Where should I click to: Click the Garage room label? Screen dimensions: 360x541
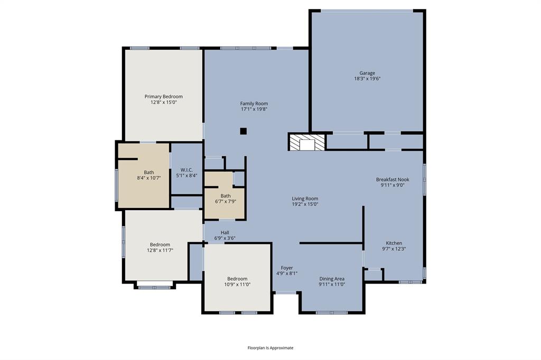[x=367, y=73]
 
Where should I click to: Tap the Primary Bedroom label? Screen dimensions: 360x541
[x=164, y=97]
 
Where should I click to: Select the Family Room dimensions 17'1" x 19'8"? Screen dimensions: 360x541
[x=254, y=109]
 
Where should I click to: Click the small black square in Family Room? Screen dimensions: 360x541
[x=244, y=131]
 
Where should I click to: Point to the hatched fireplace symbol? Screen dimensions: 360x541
[x=306, y=143]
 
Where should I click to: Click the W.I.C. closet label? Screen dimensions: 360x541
[x=186, y=169]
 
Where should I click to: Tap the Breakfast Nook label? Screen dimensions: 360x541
[x=393, y=179]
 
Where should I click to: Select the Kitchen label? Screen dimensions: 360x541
[x=394, y=243]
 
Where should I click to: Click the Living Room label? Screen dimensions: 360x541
[x=305, y=198]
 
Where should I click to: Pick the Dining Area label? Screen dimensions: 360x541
[x=332, y=279]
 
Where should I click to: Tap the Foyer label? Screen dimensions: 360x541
[x=287, y=268]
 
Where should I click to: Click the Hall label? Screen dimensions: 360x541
[x=225, y=232]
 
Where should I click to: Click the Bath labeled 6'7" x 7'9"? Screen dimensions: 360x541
[x=226, y=198]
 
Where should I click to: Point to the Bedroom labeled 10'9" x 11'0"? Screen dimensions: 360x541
[x=237, y=281]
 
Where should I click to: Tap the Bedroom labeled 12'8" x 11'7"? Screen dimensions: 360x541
[x=160, y=247]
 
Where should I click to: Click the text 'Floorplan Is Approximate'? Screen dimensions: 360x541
[x=270, y=348]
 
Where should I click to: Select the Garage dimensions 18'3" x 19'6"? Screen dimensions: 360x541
[x=367, y=79]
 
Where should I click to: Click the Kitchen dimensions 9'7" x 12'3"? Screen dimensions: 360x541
[x=394, y=249]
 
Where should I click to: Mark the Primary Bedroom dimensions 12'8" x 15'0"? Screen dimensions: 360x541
[x=164, y=102]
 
